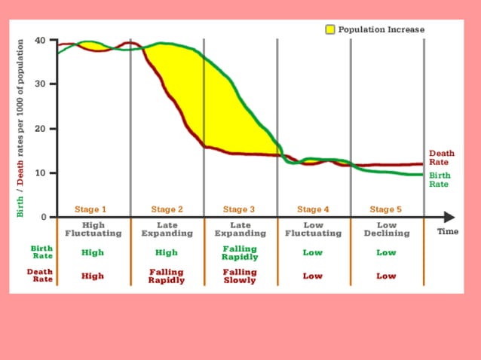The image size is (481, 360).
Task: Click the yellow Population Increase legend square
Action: [330, 29]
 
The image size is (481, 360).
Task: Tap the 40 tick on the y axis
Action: [40, 40]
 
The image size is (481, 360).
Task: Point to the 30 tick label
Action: [40, 84]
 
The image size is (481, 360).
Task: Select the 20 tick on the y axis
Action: [40, 129]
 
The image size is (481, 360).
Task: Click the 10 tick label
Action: [40, 172]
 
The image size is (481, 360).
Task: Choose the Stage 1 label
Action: [90, 209]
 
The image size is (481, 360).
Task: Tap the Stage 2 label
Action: [167, 209]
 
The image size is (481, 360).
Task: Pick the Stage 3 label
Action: [239, 209]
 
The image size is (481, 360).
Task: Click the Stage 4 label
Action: [313, 209]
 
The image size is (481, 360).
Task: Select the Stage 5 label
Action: [385, 209]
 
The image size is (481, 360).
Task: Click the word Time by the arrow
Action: [448, 232]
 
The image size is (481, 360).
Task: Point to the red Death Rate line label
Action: [441, 157]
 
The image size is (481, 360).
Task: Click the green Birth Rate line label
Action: [440, 180]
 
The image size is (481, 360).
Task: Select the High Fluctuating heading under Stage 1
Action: [93, 229]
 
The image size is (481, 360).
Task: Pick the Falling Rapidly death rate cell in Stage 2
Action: [166, 276]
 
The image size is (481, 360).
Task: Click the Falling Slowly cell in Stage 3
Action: [239, 276]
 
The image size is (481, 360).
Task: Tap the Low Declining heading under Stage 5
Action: [386, 229]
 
